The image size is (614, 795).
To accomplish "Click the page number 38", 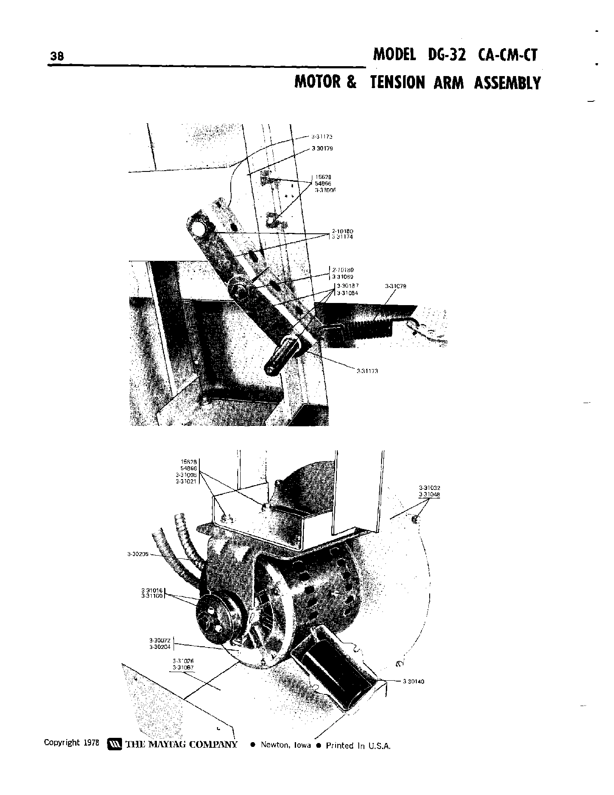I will point(57,56).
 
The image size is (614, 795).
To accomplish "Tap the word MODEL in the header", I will point(394,55).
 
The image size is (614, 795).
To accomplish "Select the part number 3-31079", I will point(396,286).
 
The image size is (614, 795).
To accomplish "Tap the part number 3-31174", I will point(342,237).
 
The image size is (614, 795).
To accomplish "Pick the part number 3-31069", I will point(342,277).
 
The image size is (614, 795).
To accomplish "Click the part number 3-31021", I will point(186,482).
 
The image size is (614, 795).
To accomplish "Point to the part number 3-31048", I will point(429,494).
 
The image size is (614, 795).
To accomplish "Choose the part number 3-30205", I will point(137,554).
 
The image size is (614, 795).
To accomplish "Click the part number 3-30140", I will point(413,681).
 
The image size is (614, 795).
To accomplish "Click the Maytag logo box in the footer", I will point(114,744).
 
